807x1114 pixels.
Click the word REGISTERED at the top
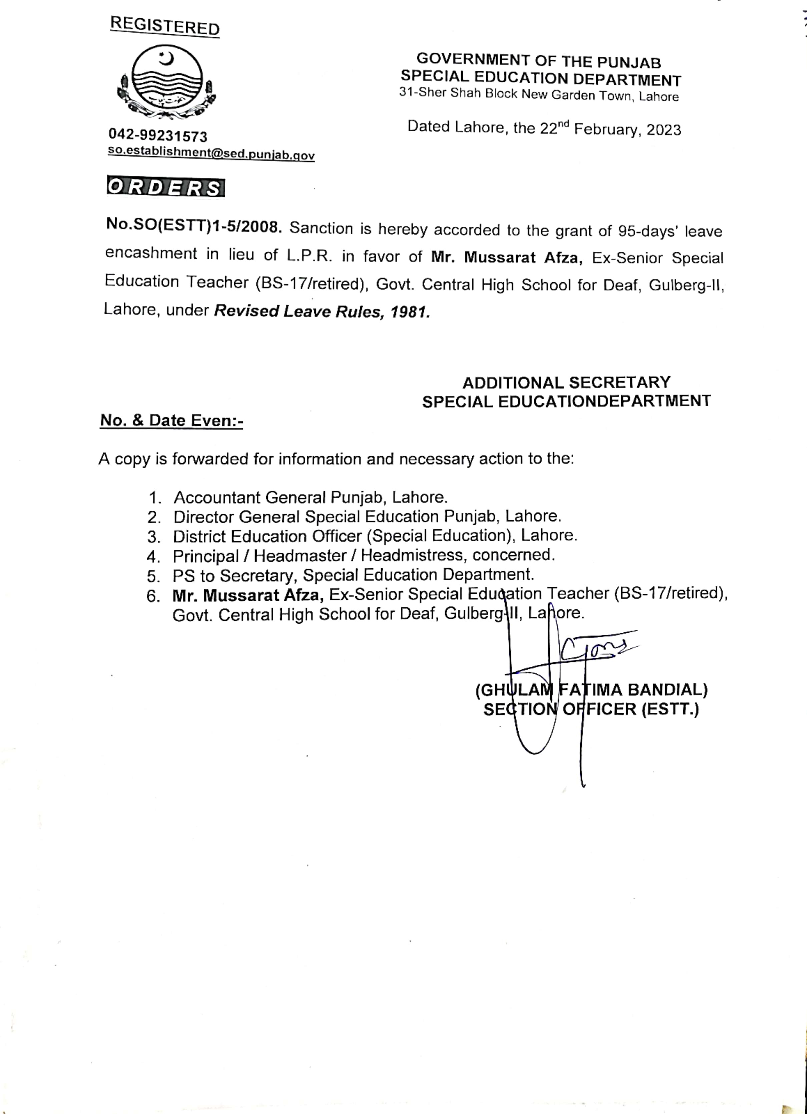(x=164, y=26)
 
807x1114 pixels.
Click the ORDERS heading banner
(x=165, y=188)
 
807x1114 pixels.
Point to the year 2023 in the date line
(x=664, y=130)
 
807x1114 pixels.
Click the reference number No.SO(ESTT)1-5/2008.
(x=194, y=225)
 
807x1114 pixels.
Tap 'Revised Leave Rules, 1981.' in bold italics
(x=322, y=312)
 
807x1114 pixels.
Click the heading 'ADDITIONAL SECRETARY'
(x=566, y=382)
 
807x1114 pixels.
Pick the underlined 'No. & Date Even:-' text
(x=171, y=421)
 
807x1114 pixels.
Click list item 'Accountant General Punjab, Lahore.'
(x=310, y=498)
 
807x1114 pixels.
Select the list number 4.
(x=153, y=557)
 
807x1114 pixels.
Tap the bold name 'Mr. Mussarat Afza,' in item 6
(x=248, y=596)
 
